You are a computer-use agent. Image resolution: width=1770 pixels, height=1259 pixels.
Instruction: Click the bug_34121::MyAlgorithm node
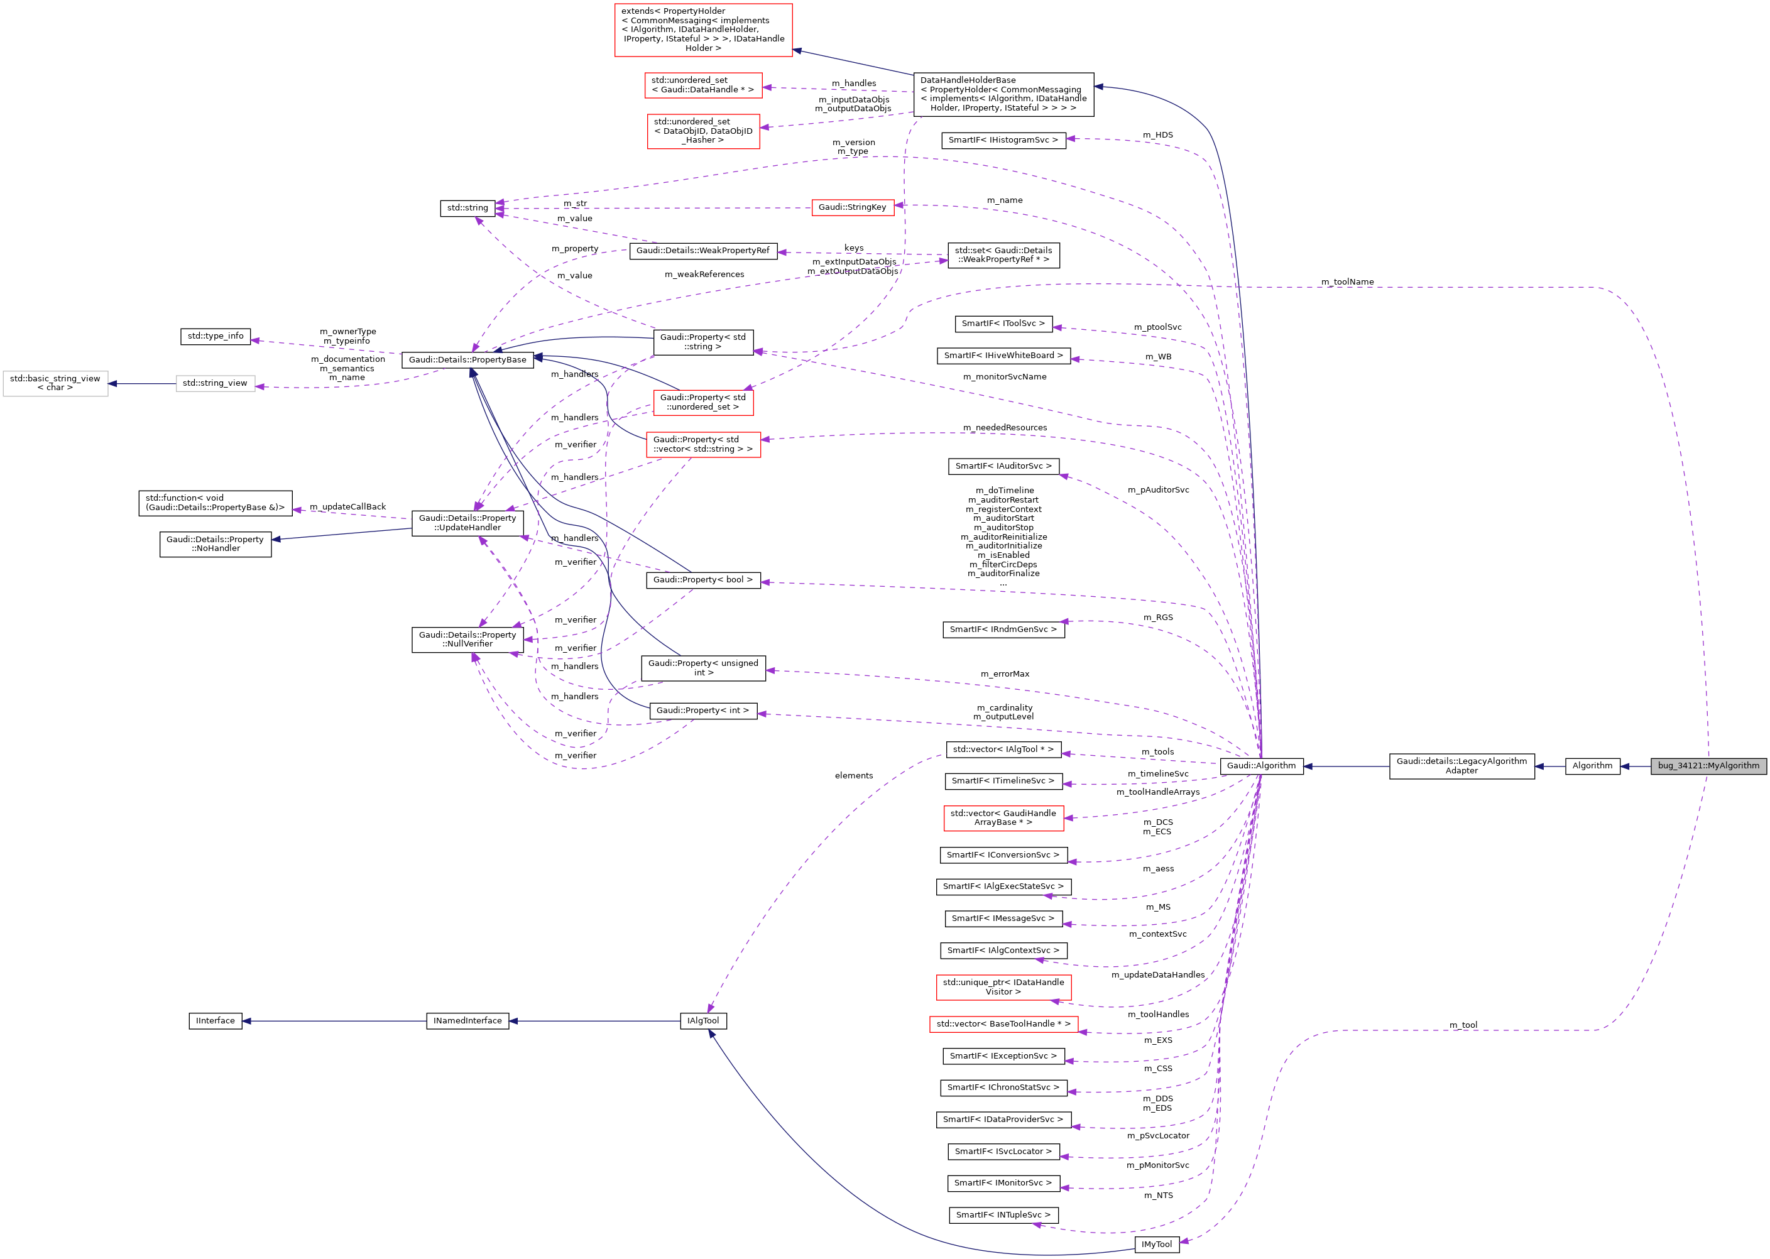coord(1708,766)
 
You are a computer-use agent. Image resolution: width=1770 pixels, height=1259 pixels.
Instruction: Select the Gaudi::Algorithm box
coord(1260,766)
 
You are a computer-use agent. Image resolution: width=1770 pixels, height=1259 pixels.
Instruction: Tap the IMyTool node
coord(1156,1245)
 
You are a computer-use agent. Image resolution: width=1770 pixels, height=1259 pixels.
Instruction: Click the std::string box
coord(467,208)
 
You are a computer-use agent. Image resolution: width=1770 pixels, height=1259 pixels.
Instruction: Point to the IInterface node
coord(215,1021)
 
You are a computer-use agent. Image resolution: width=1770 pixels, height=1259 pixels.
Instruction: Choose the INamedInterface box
coord(467,1021)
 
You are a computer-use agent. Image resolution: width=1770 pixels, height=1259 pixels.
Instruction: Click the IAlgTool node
coord(702,1021)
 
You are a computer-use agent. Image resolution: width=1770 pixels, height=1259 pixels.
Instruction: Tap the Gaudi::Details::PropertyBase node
coord(467,360)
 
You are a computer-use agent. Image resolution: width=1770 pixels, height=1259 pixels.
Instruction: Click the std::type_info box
coord(215,337)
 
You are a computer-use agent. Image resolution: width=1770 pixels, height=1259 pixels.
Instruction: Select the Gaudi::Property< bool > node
coord(702,580)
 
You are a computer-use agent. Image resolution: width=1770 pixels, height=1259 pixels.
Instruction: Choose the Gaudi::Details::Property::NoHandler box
coord(215,544)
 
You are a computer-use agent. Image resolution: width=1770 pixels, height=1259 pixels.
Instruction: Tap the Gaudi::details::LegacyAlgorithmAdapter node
coord(1461,766)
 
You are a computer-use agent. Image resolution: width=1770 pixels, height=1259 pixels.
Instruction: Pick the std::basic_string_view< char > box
coord(55,384)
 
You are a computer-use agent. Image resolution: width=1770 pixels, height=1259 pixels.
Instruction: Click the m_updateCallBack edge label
coord(347,507)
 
